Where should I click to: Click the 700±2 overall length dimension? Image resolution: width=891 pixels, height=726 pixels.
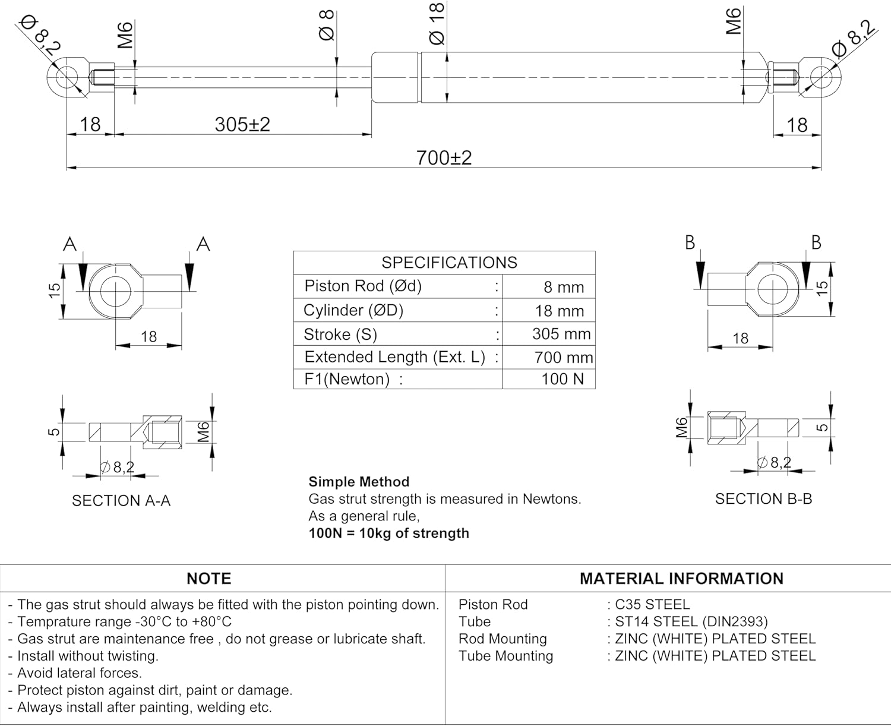tap(444, 158)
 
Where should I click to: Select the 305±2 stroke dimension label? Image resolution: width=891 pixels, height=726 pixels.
tap(242, 125)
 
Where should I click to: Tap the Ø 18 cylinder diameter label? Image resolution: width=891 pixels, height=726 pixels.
tap(437, 24)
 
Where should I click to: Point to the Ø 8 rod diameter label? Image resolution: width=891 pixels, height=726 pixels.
tap(327, 26)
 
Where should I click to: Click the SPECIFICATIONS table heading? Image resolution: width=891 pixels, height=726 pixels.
tap(449, 263)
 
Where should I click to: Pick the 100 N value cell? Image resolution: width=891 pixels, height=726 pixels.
tap(562, 379)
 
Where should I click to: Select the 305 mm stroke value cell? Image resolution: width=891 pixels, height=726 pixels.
tap(561, 334)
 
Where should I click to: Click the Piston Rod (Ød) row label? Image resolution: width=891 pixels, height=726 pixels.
tap(363, 286)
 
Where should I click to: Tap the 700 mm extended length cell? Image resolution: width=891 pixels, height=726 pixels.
tap(564, 358)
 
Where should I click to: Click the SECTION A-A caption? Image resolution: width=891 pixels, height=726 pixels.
tap(121, 501)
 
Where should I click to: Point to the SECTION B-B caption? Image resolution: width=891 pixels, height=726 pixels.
tap(763, 499)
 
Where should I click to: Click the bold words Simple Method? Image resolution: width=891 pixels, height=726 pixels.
tap(359, 482)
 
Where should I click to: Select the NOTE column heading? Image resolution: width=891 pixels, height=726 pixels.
tap(208, 579)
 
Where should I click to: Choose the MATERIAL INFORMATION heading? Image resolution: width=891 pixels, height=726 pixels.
tap(681, 579)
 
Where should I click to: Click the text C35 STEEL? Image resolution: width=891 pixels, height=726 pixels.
tap(652, 605)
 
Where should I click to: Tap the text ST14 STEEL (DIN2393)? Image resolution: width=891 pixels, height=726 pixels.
tap(691, 622)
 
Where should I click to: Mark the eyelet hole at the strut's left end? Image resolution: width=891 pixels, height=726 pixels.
tap(65, 77)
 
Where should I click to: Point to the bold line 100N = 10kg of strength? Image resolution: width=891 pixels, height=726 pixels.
tap(389, 534)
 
